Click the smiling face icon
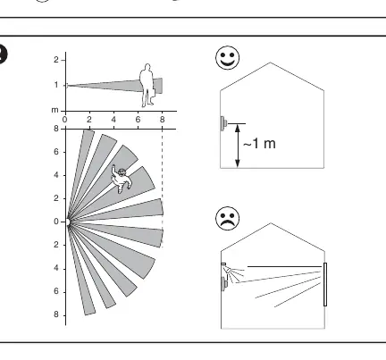[x=227, y=57]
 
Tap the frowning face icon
[x=227, y=218]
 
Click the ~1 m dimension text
[x=259, y=144]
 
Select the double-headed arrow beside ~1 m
[x=238, y=146]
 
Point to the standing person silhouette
[x=147, y=85]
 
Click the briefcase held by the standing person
[x=152, y=92]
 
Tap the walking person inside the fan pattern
[x=121, y=180]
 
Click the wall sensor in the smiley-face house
[x=223, y=123]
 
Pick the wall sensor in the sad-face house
[x=224, y=284]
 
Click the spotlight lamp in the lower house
[x=228, y=271]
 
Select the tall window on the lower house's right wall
[x=325, y=284]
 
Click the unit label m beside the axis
[x=55, y=110]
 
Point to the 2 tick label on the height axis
[x=56, y=60]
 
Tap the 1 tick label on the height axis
[x=56, y=85]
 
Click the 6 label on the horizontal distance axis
[x=138, y=120]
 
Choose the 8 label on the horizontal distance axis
[x=162, y=120]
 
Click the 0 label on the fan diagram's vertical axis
[x=56, y=222]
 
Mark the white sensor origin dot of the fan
[x=67, y=222]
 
